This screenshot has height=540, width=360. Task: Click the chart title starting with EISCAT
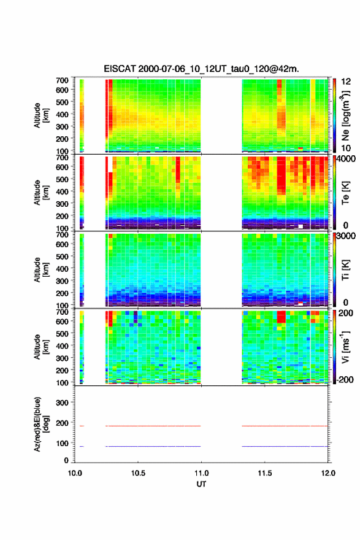[201, 69]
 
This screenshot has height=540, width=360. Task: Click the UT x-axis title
[201, 484]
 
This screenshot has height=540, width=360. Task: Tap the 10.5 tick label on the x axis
[138, 473]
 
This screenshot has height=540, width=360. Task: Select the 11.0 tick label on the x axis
[201, 473]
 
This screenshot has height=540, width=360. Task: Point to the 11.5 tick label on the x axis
[265, 473]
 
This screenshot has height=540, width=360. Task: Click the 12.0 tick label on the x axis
[328, 473]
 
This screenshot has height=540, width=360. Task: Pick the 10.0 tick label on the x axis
[75, 473]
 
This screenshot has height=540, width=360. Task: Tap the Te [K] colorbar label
[345, 193]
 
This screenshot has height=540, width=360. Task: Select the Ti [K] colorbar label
[345, 269]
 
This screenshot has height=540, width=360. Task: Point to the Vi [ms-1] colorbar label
[345, 347]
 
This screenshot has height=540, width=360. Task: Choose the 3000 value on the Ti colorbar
[346, 236]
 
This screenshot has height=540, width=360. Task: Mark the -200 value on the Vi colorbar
[343, 379]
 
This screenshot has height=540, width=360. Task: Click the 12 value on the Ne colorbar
[346, 82]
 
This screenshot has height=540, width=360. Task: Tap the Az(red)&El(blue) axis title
[41, 424]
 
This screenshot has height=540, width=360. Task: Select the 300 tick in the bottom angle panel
[62, 403]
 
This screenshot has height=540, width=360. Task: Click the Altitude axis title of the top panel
[41, 115]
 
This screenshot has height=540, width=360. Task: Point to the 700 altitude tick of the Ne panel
[62, 80]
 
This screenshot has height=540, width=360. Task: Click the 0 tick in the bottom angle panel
[66, 460]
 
